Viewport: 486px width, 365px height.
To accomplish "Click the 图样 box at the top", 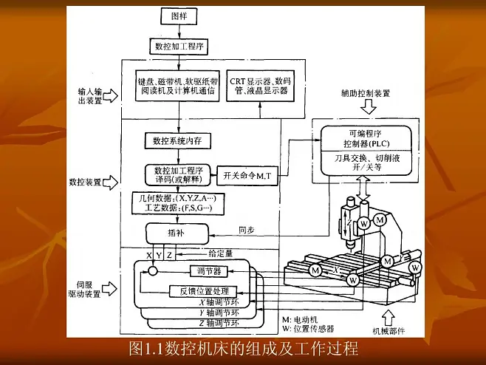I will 179,16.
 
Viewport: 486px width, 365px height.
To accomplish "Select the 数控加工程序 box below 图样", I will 179,46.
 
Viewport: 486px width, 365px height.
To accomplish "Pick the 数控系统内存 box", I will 178,140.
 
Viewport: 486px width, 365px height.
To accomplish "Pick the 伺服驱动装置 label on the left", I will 83,289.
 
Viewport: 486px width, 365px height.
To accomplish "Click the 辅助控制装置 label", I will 365,93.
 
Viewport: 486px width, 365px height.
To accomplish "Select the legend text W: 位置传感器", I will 309,328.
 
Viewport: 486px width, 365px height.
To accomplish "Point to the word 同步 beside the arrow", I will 247,230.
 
